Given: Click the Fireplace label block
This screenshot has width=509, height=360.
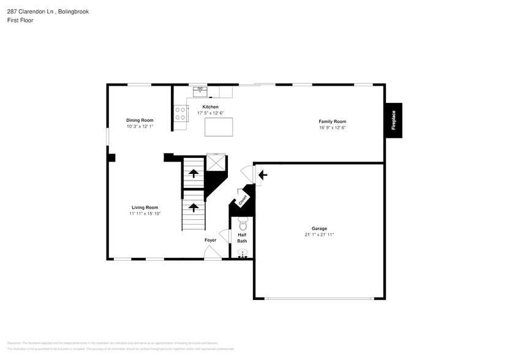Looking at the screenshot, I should pos(393,120).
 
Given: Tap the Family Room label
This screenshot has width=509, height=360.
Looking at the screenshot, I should pos(332,121).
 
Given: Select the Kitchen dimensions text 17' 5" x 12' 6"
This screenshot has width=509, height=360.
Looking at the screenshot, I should pos(210,113).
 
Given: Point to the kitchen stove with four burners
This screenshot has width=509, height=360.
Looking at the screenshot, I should pos(181,113).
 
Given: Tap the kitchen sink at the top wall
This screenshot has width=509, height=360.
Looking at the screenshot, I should pos(200,91).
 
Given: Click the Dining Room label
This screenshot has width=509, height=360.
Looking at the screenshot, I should pos(140,120).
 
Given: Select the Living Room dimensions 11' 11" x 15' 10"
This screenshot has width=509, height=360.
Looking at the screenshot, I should pos(144,214).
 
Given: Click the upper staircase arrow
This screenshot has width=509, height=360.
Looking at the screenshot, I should pos(194,174).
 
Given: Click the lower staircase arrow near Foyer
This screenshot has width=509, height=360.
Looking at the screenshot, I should pos(194,208).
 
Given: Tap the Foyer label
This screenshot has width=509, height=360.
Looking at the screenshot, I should pos(210,240).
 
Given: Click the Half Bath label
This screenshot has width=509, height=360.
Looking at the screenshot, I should pos(242,238).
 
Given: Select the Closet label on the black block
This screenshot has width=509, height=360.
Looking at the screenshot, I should pos(243,200).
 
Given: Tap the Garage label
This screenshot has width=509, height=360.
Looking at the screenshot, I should pos(319,228).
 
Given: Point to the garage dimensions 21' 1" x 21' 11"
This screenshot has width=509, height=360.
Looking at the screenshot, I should pos(319,234).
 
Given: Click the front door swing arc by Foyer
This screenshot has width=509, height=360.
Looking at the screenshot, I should pos(213,253).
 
